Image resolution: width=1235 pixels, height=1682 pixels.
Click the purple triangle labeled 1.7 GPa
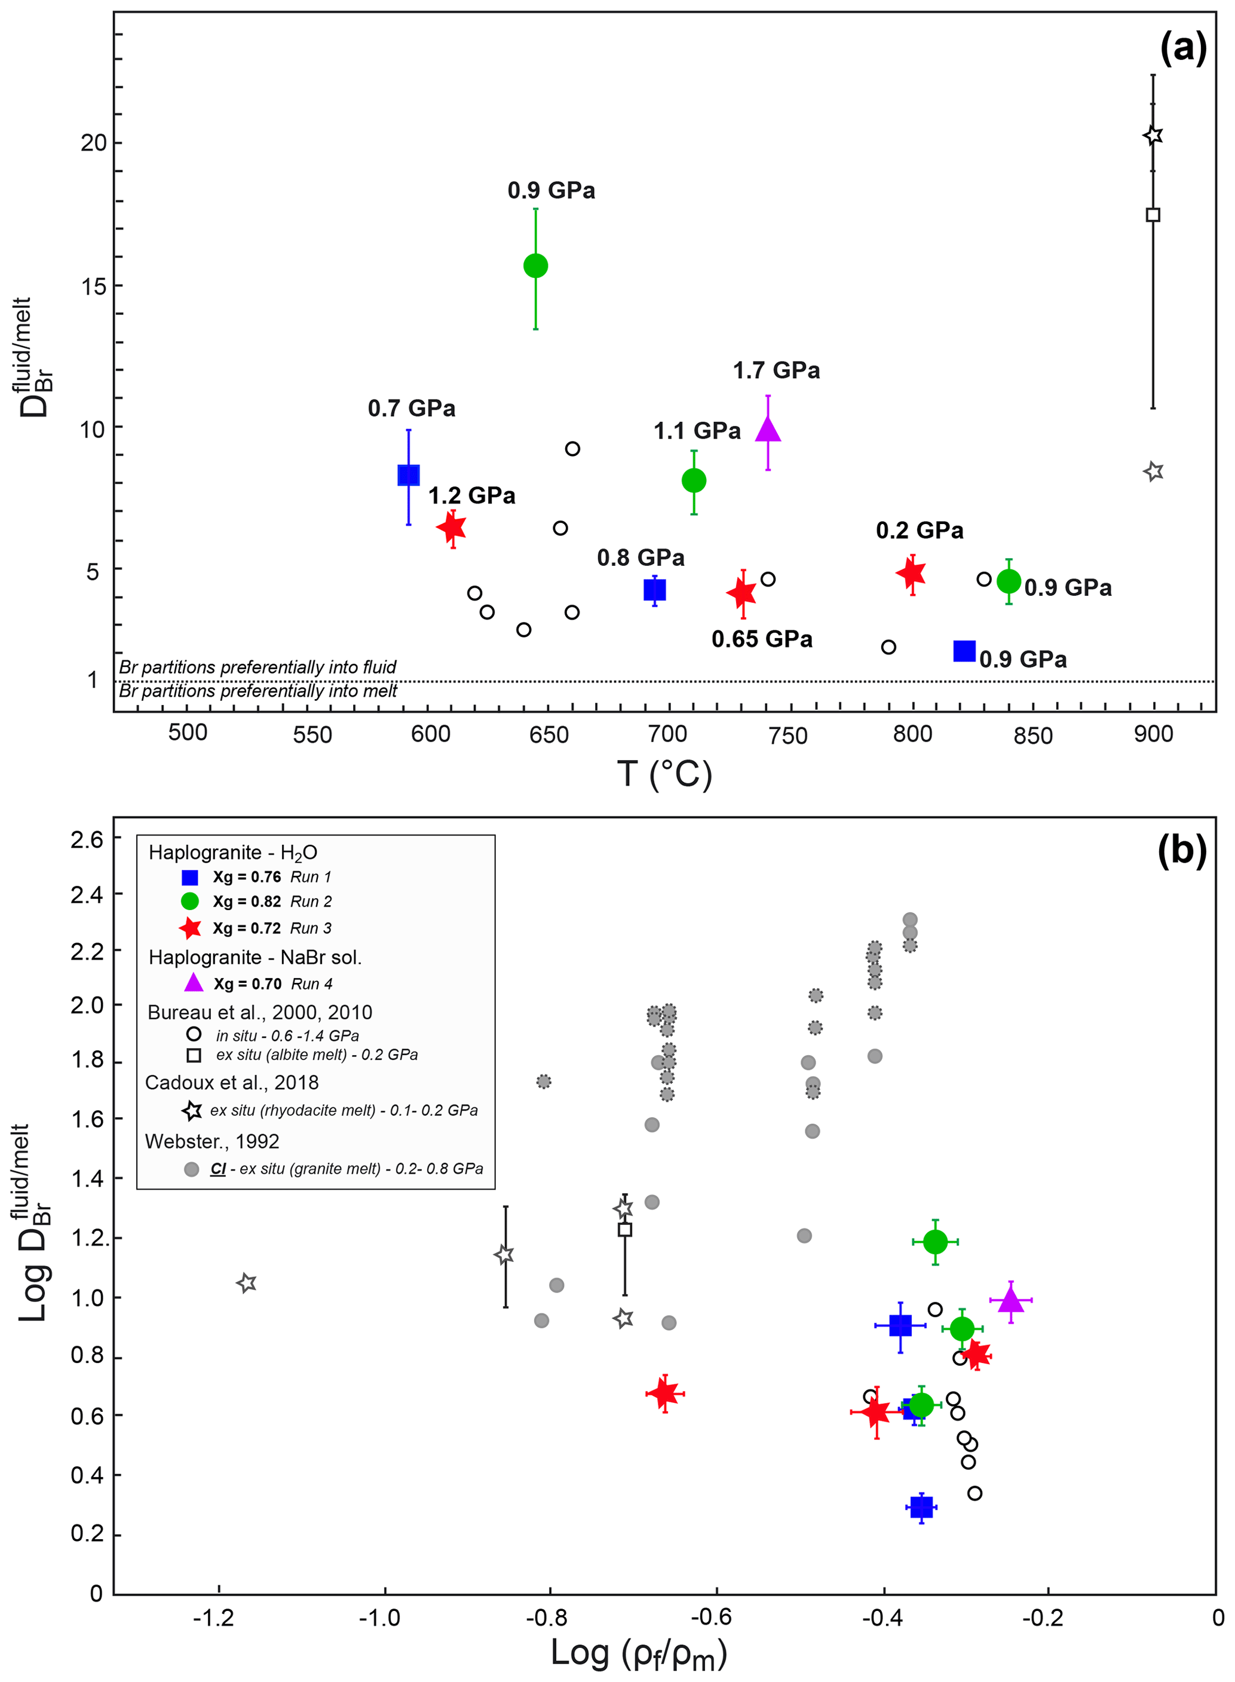[768, 430]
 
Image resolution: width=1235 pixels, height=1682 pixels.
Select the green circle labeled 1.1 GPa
[694, 480]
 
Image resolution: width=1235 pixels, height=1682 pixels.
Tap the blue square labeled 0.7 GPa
[408, 474]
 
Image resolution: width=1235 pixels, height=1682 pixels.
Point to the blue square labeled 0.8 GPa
[654, 590]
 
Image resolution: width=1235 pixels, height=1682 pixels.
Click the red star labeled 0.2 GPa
[911, 574]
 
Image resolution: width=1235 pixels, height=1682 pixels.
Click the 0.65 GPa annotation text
[762, 639]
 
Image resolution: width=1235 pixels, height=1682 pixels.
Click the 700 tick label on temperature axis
[667, 734]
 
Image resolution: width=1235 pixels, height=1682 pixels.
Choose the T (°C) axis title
[664, 774]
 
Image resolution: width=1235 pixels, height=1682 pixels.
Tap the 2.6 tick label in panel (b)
[87, 840]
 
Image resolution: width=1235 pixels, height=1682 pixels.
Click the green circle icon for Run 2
[190, 901]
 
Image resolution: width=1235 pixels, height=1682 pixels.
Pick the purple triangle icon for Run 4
[194, 983]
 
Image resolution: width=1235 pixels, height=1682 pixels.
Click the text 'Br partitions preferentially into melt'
[258, 691]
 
